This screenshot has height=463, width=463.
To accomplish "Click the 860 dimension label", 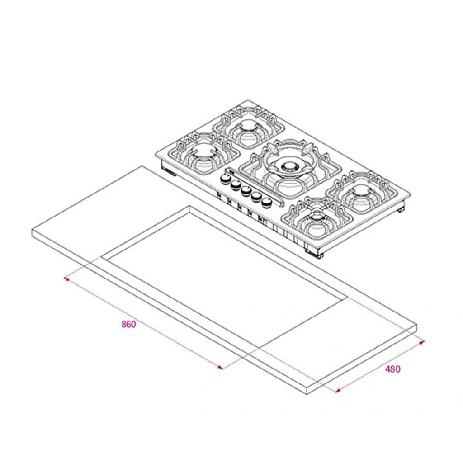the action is pyautogui.click(x=129, y=324).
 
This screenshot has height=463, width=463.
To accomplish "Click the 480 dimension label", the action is pyautogui.click(x=393, y=369).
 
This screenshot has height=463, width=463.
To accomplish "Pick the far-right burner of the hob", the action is pyautogui.click(x=362, y=191).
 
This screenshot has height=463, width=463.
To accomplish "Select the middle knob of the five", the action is pyautogui.click(x=246, y=191).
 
